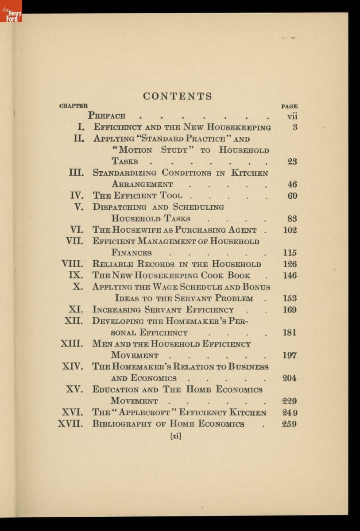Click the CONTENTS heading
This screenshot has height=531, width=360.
[178, 96]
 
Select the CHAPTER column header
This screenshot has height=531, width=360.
[73, 106]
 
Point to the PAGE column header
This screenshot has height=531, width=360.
[289, 106]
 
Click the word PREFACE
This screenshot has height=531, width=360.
[107, 116]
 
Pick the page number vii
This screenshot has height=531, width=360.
[291, 116]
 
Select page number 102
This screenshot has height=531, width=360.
[290, 230]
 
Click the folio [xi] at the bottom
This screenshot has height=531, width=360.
[176, 435]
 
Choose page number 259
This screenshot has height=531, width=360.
[290, 424]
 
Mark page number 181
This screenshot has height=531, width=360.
[290, 333]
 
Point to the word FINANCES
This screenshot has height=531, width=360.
[132, 253]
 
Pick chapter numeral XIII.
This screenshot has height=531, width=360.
[72, 343]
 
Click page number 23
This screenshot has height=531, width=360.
[292, 162]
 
